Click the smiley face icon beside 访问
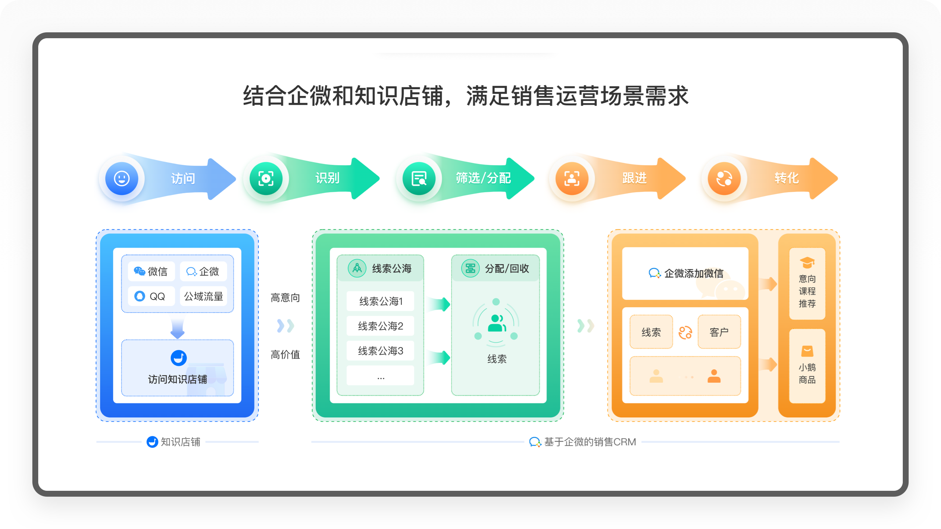[122, 179]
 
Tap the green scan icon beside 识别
[266, 179]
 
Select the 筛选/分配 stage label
[483, 178]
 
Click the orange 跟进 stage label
[634, 178]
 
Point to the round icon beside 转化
[724, 179]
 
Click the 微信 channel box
[151, 271]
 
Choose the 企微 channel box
[203, 271]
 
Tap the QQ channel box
[151, 296]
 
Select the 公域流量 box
[203, 296]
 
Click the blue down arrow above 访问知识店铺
[178, 328]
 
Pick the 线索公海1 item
[380, 301]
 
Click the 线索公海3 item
[380, 351]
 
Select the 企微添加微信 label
[686, 273]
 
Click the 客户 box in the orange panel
[719, 332]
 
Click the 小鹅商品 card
[807, 366]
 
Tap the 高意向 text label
[285, 298]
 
